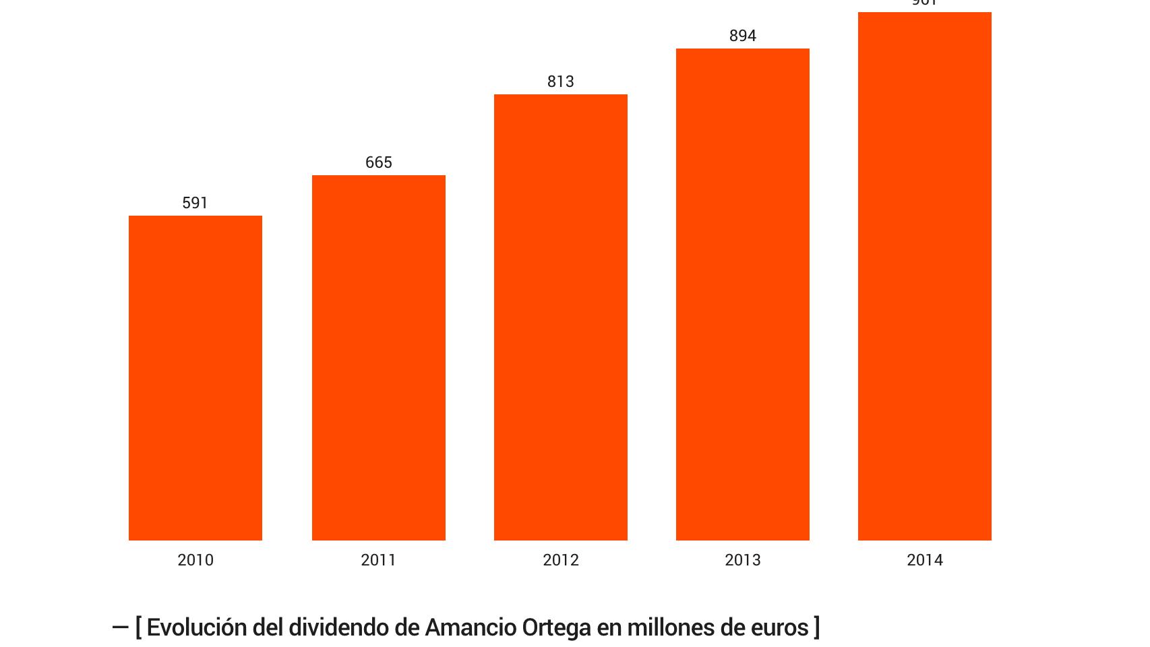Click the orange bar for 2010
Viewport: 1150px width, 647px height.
pyautogui.click(x=195, y=377)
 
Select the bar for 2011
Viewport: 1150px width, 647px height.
pyautogui.click(x=379, y=357)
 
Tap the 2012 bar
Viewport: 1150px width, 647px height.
pyautogui.click(x=561, y=317)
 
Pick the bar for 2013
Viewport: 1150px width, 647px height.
pyautogui.click(x=743, y=294)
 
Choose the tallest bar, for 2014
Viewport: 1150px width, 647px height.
pyautogui.click(x=925, y=276)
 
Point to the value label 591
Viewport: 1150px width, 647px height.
pyautogui.click(x=195, y=203)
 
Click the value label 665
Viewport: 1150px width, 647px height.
pyautogui.click(x=379, y=162)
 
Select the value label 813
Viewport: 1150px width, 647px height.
pyautogui.click(x=561, y=82)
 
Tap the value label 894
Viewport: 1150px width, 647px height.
pyautogui.click(x=743, y=36)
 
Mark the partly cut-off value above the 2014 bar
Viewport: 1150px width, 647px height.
pyautogui.click(x=925, y=3)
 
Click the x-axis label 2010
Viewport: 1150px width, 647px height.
pyautogui.click(x=195, y=560)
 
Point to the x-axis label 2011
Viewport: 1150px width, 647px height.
pyautogui.click(x=379, y=560)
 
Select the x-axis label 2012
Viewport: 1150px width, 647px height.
pyautogui.click(x=561, y=560)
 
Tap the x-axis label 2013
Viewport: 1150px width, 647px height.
pyautogui.click(x=743, y=560)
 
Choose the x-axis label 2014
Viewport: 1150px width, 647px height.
pyautogui.click(x=925, y=560)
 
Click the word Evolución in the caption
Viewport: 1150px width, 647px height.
pyautogui.click(x=197, y=627)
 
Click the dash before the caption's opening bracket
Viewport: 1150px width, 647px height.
pyautogui.click(x=120, y=628)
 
